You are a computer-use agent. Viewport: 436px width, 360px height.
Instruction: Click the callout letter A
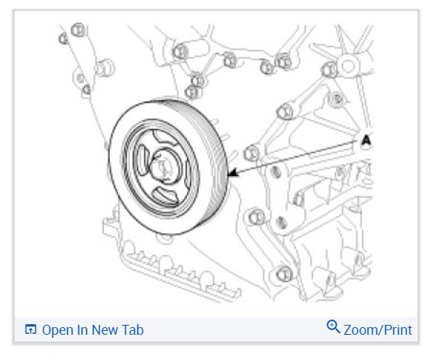click(x=367, y=140)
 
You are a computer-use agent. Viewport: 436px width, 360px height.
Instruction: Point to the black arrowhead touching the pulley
click(x=232, y=173)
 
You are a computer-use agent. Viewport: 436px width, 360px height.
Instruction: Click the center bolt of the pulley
click(x=163, y=167)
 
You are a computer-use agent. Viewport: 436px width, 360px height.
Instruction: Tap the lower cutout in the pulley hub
click(x=165, y=195)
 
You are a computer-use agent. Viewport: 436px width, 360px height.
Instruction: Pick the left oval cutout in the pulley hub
click(x=142, y=160)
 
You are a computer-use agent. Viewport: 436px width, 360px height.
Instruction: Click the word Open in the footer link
click(x=57, y=330)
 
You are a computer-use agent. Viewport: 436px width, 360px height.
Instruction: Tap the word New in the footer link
click(x=105, y=330)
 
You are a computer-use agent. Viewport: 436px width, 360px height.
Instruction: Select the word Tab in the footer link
click(x=132, y=330)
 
